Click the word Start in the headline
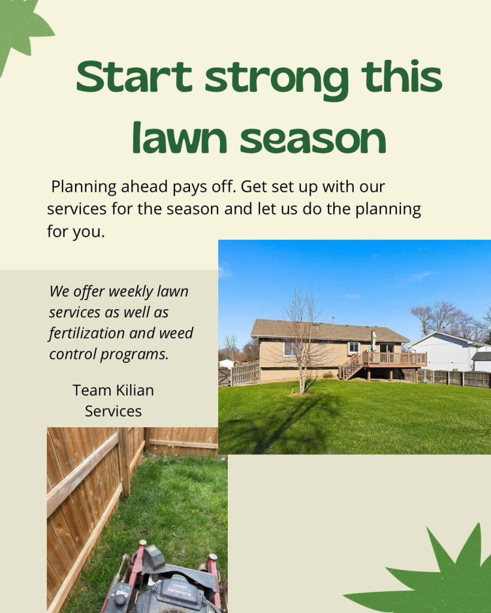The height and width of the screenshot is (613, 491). point(134,76)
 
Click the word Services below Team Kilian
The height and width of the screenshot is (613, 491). point(113,411)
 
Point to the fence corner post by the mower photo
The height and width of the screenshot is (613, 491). point(125,461)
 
